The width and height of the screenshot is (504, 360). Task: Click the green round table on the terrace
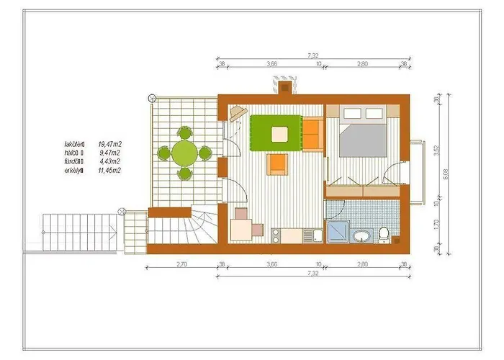coord(184,153)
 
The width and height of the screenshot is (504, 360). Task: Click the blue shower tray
coord(336,232)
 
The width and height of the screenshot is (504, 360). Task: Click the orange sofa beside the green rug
coord(312,133)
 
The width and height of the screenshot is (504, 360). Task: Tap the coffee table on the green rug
coord(279,133)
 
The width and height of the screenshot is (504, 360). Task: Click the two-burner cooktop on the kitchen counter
coord(277,235)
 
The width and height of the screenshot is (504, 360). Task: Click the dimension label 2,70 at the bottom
coord(181,264)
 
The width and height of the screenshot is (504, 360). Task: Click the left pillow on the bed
coord(356,113)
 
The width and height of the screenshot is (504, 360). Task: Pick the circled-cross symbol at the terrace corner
coord(150,98)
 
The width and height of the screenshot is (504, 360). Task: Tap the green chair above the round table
coord(184,132)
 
